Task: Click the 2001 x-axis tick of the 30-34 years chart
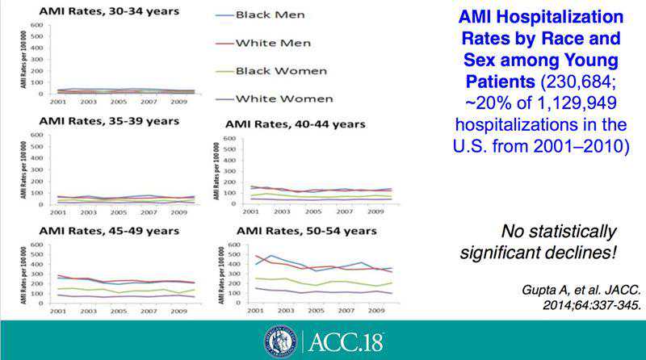click(x=58, y=102)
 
